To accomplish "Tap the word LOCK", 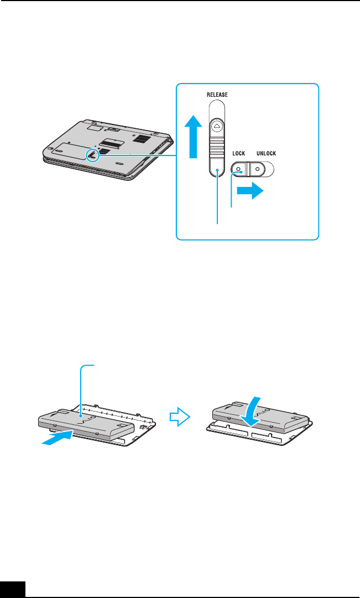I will coord(237,153).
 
